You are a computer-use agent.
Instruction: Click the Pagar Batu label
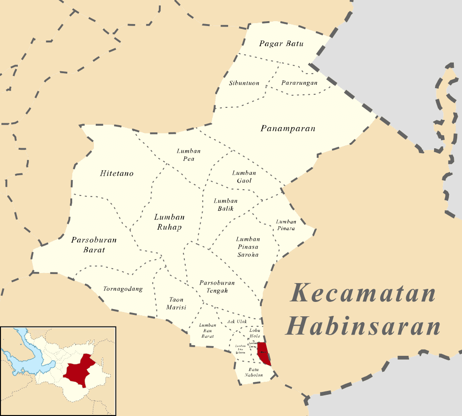[281, 44]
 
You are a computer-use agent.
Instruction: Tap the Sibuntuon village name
[244, 83]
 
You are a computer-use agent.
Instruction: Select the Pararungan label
[299, 83]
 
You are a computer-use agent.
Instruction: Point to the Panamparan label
[288, 129]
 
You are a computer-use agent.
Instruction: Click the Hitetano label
[117, 173]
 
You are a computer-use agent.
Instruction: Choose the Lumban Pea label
[189, 155]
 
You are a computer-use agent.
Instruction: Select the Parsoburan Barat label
[94, 245]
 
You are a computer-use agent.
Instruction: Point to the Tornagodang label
[123, 289]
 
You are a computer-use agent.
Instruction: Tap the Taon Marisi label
[176, 303]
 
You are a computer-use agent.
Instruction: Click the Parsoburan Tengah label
[217, 286]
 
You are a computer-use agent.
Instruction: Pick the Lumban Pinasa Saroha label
[248, 247]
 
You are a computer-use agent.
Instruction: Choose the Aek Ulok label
[237, 322]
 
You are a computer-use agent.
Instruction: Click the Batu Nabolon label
[253, 372]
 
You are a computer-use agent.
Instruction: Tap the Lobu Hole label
[255, 333]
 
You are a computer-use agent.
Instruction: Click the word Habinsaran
[363, 325]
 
